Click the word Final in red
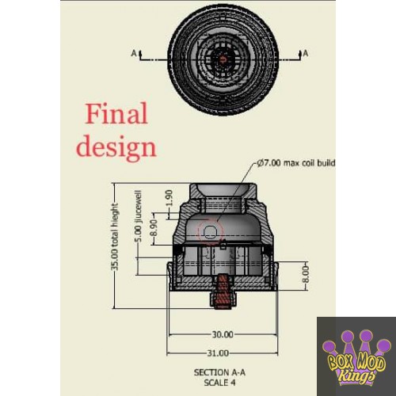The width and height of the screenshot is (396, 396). [x=116, y=113]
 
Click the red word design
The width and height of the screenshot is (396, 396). [x=116, y=147]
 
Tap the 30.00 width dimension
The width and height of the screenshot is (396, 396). [x=223, y=335]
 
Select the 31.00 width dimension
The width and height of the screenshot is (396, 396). [x=218, y=353]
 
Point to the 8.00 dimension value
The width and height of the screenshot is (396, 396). [x=305, y=274]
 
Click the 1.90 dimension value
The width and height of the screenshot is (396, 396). [x=169, y=198]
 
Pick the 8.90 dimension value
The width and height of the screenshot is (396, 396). [x=154, y=227]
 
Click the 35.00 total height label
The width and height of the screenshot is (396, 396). [x=115, y=237]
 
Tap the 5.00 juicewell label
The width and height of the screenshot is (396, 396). [x=138, y=216]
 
